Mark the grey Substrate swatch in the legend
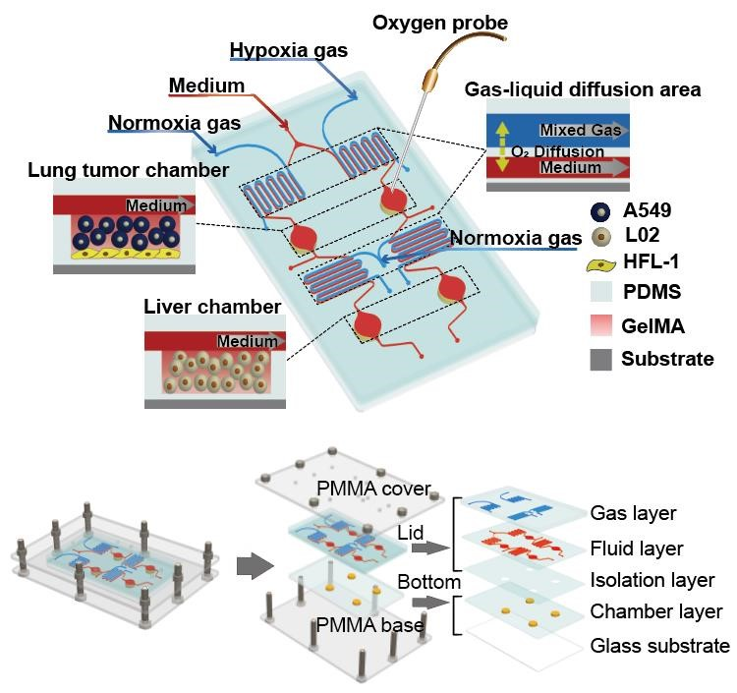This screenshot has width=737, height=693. [x=600, y=359]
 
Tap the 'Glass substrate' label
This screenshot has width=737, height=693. [x=659, y=646]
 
